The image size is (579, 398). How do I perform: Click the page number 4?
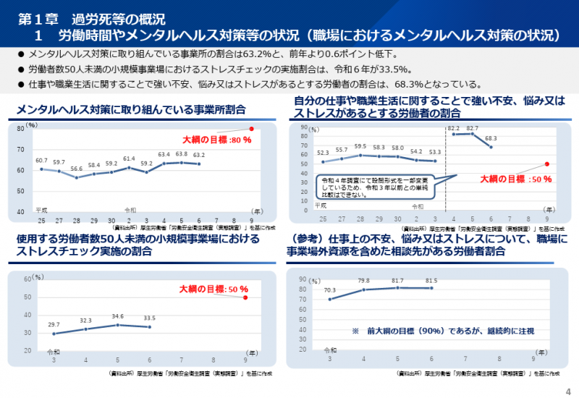pyautogui.click(x=568, y=391)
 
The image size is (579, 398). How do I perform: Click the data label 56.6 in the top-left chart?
pyautogui.click(x=76, y=169)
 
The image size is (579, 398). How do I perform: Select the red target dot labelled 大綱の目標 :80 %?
pyautogui.click(x=251, y=129)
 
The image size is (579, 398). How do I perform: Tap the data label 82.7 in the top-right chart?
pyautogui.click(x=473, y=128)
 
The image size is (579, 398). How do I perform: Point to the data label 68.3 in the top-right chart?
pyautogui.click(x=491, y=138)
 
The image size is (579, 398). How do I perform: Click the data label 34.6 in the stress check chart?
pyautogui.click(x=117, y=316)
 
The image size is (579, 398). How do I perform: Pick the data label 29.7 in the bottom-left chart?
pyautogui.click(x=53, y=325)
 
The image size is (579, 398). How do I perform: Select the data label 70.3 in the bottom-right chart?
pyautogui.click(x=330, y=290)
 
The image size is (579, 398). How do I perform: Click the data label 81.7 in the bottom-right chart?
pyautogui.click(x=397, y=279)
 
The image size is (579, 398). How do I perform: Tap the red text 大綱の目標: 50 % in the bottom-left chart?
pyautogui.click(x=209, y=289)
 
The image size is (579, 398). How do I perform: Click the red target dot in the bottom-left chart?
pyautogui.click(x=246, y=297)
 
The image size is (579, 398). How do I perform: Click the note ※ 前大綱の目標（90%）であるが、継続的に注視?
pyautogui.click(x=443, y=331)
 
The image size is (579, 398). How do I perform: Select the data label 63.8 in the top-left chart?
pyautogui.click(x=182, y=154)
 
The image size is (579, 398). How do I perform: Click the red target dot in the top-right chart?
pyautogui.click(x=547, y=164)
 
